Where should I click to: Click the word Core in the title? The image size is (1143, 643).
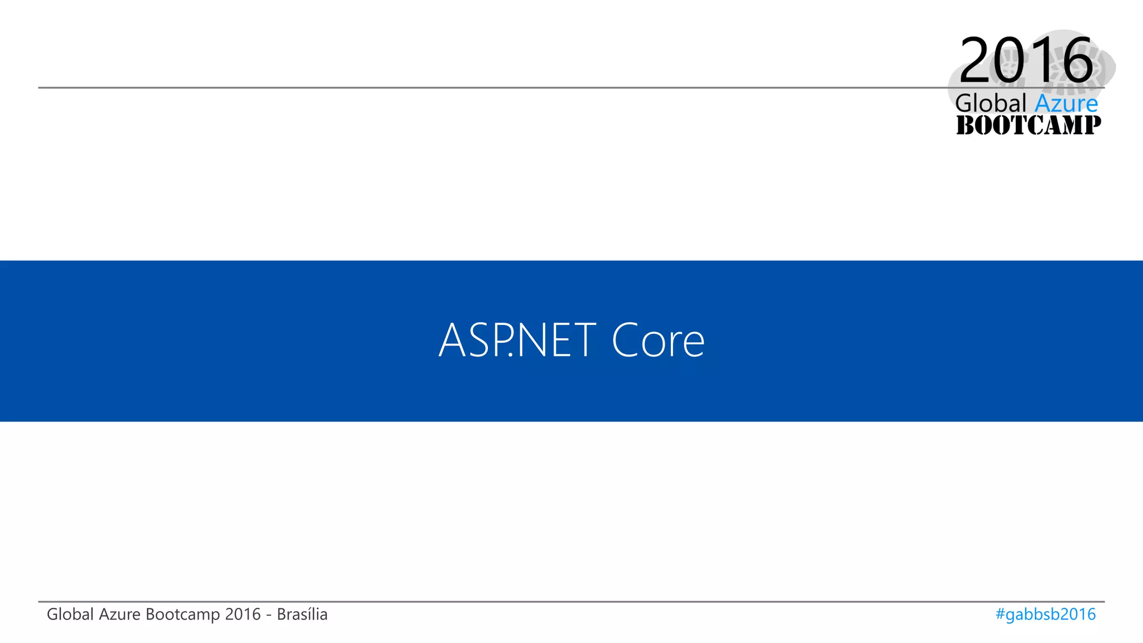pos(658,340)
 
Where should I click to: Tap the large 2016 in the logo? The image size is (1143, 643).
pos(1026,60)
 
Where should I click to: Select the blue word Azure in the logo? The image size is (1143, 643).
pos(1066,104)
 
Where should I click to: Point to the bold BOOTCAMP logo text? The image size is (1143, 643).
pos(1029,126)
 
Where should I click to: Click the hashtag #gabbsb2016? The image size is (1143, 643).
pos(1045,615)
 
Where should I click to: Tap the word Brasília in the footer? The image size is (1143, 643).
pos(302,615)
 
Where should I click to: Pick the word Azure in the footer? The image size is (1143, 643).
pos(119,615)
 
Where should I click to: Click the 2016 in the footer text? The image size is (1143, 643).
pos(243,615)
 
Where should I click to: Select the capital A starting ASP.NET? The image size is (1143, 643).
pos(452,340)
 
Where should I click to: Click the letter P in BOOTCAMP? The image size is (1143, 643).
pos(1091,126)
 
